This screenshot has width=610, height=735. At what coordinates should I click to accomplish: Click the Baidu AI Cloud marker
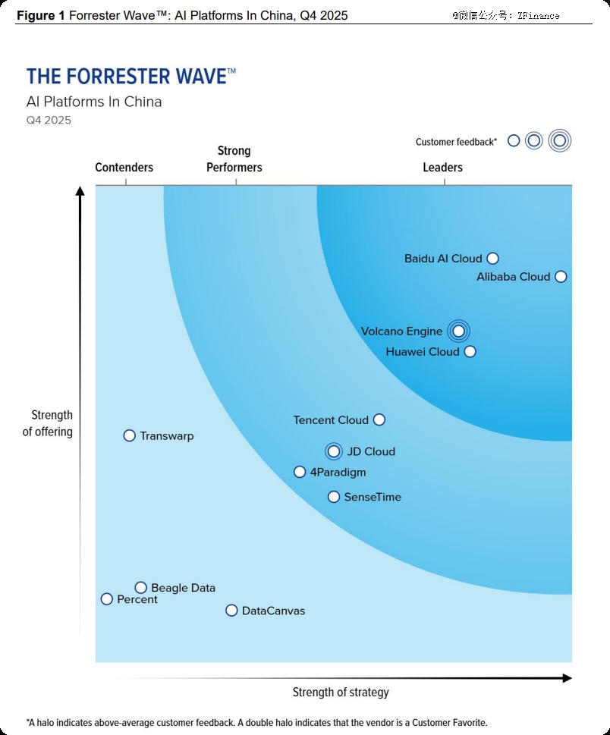click(492, 259)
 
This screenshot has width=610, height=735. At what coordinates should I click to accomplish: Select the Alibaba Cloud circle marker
click(561, 277)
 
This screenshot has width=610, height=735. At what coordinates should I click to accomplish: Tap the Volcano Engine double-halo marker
click(458, 331)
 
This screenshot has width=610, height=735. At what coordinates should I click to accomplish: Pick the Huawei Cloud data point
click(470, 351)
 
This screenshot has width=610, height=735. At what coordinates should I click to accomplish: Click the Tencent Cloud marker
click(379, 419)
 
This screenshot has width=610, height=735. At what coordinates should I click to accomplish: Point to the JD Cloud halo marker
click(334, 451)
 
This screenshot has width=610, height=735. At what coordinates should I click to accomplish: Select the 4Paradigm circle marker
click(300, 472)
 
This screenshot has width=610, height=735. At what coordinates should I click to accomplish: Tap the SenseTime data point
click(334, 497)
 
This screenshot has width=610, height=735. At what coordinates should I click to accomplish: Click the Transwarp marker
click(129, 435)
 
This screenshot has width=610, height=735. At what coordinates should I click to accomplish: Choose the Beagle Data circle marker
click(140, 587)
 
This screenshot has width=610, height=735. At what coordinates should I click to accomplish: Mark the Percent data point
click(107, 599)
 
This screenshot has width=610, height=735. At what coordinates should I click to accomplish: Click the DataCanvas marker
click(231, 611)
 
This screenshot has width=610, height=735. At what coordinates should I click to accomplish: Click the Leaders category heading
click(442, 168)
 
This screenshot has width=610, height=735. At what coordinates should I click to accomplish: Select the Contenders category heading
click(124, 168)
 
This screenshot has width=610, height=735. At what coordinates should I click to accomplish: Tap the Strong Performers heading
click(234, 159)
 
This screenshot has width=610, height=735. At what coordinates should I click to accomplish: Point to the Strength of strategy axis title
click(341, 692)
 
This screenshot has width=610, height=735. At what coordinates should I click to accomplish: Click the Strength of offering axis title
click(49, 423)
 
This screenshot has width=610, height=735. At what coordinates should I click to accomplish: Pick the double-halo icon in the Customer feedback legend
click(560, 140)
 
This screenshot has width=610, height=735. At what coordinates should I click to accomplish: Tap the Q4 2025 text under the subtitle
click(49, 120)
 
